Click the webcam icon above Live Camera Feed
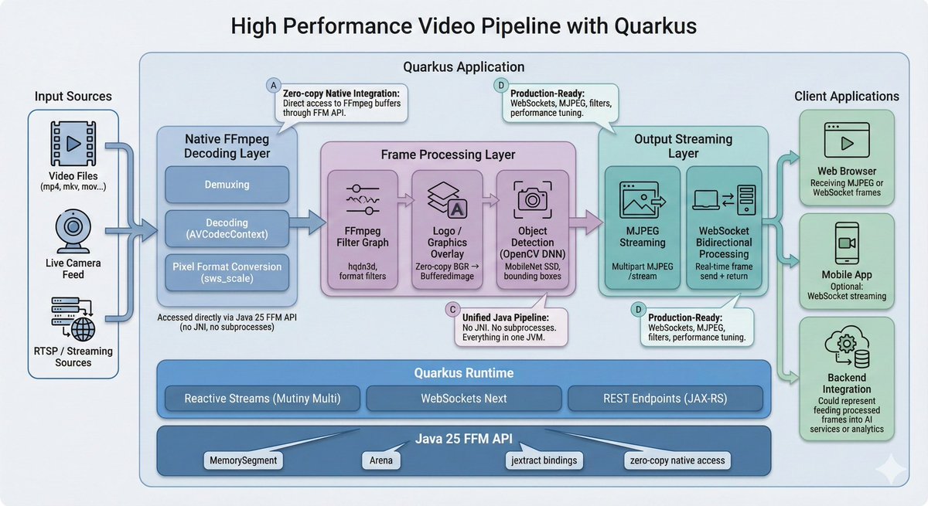coord(73,229)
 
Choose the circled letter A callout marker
coord(273,85)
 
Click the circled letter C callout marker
coord(452,309)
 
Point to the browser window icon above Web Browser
coord(847,144)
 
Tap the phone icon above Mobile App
coord(847,246)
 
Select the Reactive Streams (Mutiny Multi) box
coord(261,399)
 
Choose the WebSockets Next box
coord(463,399)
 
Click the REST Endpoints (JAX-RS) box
coord(664,399)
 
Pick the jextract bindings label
coord(540,460)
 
